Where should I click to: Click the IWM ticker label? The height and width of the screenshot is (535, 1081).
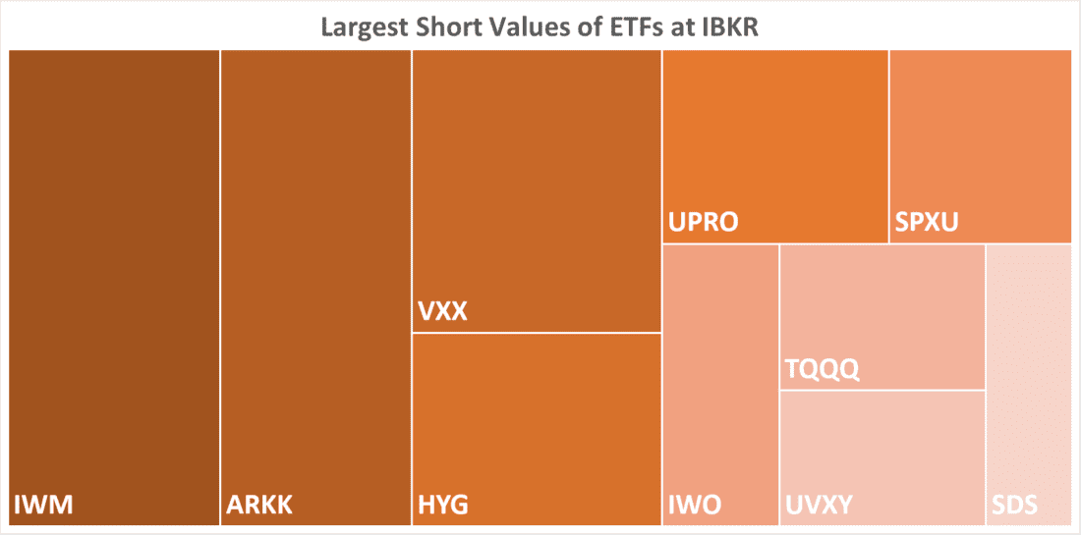[44, 507]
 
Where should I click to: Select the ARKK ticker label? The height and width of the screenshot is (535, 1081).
[259, 507]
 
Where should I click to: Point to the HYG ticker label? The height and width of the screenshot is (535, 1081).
[443, 507]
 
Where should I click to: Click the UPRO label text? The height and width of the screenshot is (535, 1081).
[703, 224]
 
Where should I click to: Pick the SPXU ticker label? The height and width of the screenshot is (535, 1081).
[926, 224]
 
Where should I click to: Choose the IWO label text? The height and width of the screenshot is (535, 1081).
[695, 507]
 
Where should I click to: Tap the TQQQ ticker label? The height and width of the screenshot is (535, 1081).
[823, 370]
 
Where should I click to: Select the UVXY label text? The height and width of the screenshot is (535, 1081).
[820, 507]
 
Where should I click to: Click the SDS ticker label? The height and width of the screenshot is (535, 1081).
[1014, 507]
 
